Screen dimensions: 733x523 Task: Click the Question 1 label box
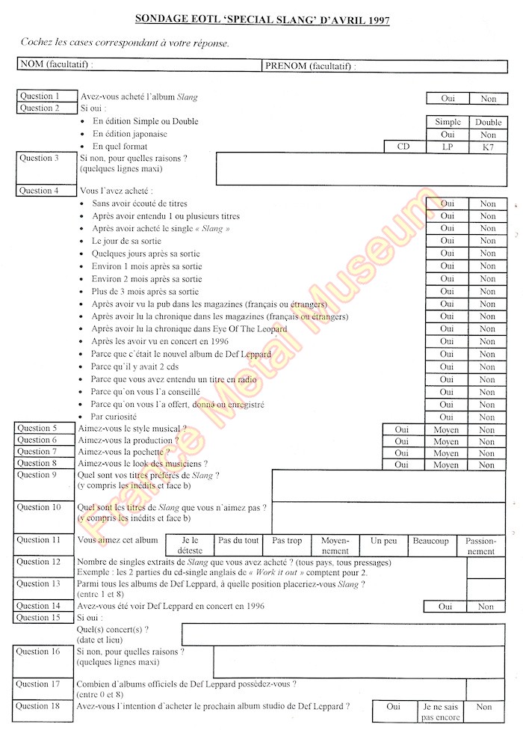(46, 96)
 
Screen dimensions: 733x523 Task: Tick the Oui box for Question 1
(448, 98)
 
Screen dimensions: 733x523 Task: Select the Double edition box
(488, 122)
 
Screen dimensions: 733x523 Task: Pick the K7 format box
(488, 147)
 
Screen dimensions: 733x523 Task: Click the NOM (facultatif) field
(139, 65)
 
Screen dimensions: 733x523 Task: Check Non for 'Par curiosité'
(488, 417)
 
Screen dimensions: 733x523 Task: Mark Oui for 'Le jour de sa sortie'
(448, 241)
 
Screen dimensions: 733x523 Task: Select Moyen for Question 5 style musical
(447, 430)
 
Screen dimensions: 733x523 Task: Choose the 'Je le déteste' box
(191, 545)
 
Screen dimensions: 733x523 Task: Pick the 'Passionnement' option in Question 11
(480, 545)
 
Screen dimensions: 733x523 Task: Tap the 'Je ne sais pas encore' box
(439, 711)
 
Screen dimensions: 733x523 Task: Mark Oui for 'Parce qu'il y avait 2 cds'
(448, 366)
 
